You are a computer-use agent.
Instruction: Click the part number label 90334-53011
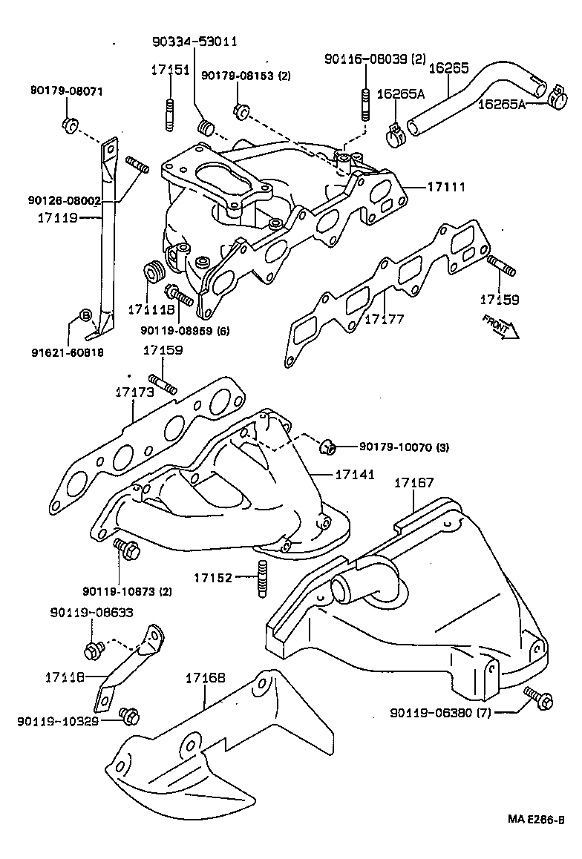point(194,42)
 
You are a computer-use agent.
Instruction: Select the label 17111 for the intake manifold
point(446,188)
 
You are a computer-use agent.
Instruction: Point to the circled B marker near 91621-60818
point(85,316)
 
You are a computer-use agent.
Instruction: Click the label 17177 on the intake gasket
point(384,319)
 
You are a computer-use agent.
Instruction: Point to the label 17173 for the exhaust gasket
point(134,391)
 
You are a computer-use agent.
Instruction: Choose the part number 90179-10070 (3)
point(404,447)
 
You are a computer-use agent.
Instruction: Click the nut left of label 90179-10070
point(327,447)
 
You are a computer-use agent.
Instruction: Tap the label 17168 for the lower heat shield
point(205,677)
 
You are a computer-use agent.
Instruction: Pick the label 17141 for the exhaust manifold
point(354,473)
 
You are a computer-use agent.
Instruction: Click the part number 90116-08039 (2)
point(376,59)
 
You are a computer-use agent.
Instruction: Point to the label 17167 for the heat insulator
point(413,483)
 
